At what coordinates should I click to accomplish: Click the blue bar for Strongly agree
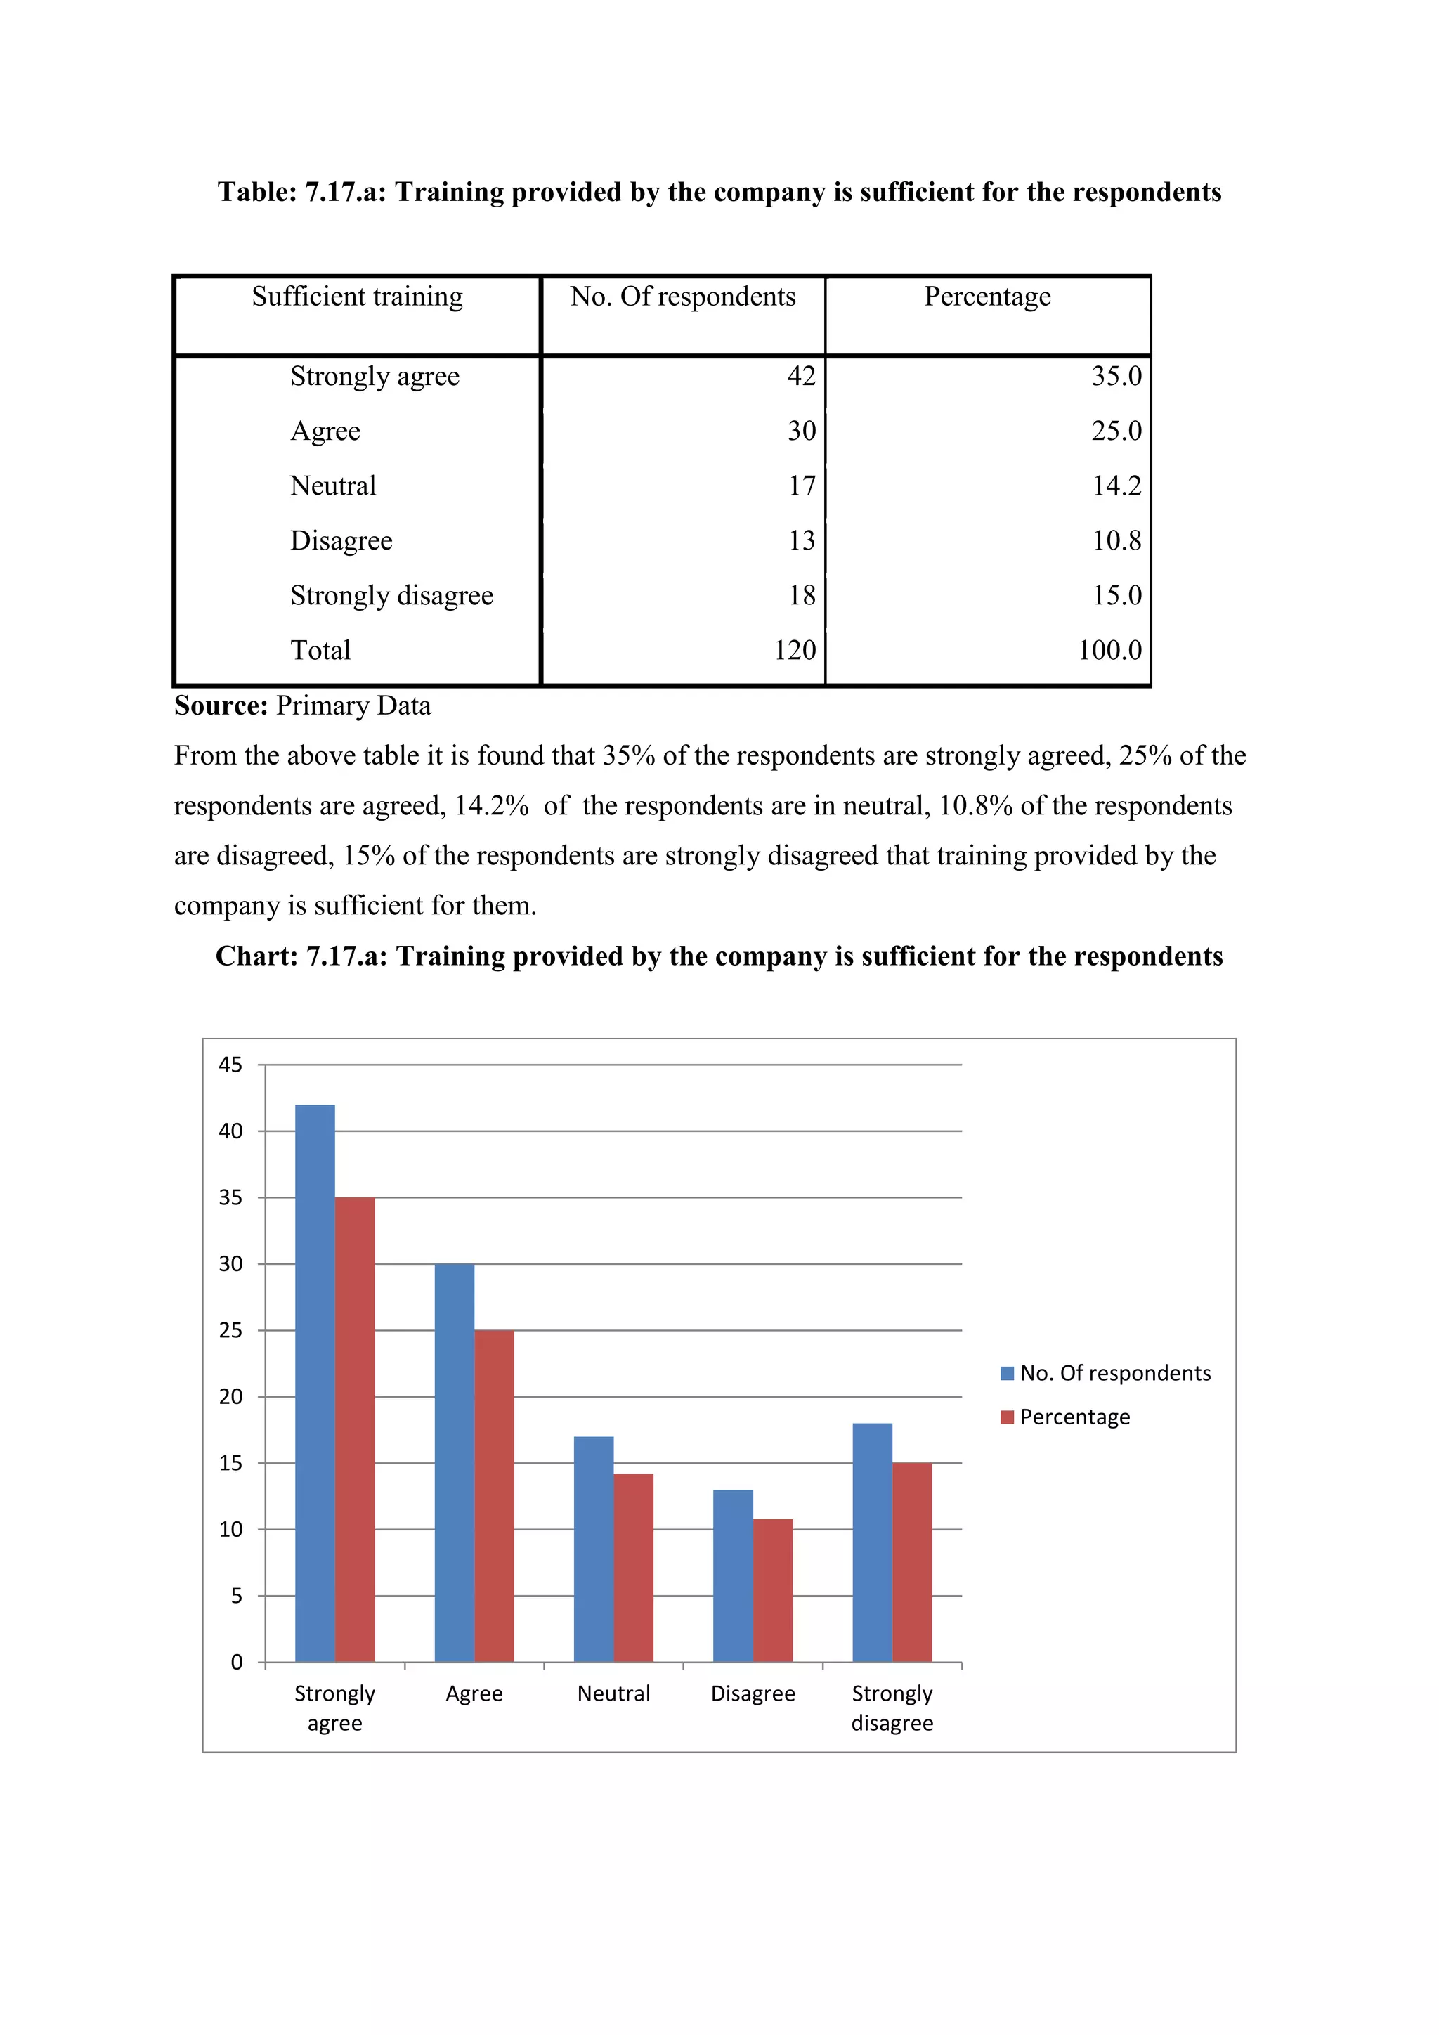click(x=315, y=1383)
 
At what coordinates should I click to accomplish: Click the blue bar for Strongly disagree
click(x=872, y=1542)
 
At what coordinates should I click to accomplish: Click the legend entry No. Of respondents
click(x=1105, y=1373)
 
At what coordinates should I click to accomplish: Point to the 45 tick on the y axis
click(x=230, y=1065)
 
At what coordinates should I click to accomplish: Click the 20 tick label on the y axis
click(x=230, y=1397)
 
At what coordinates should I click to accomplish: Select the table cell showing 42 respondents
click(x=801, y=376)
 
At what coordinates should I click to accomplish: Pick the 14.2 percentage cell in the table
click(x=1116, y=486)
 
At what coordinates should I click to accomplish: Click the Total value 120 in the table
click(x=794, y=650)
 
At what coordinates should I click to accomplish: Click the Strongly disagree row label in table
click(x=391, y=596)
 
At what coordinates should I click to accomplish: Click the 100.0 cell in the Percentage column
click(x=1109, y=650)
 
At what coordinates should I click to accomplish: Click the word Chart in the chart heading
click(x=256, y=956)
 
